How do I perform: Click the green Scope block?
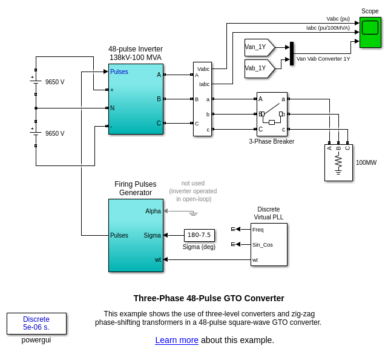pyautogui.click(x=370, y=32)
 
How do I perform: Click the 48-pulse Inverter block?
pyautogui.click(x=136, y=99)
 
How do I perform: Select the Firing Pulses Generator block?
pyautogui.click(x=136, y=235)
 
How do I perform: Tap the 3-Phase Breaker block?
pyautogui.click(x=272, y=114)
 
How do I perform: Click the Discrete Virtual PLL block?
pyautogui.click(x=269, y=244)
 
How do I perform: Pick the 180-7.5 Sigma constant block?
pyautogui.click(x=199, y=235)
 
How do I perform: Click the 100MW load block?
pyautogui.click(x=338, y=162)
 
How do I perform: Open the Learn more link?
pyautogui.click(x=177, y=340)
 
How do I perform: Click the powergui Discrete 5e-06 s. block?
pyautogui.click(x=36, y=323)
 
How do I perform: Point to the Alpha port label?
pyautogui.click(x=153, y=211)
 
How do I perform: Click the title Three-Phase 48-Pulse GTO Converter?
pyautogui.click(x=209, y=298)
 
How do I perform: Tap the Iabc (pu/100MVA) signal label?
pyautogui.click(x=327, y=28)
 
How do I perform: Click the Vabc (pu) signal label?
pyautogui.click(x=338, y=19)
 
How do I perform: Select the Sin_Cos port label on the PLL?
pyautogui.click(x=263, y=245)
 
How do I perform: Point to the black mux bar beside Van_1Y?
pyautogui.click(x=292, y=53)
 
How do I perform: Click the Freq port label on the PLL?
pyautogui.click(x=258, y=230)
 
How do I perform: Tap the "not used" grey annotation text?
pyautogui.click(x=192, y=183)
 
